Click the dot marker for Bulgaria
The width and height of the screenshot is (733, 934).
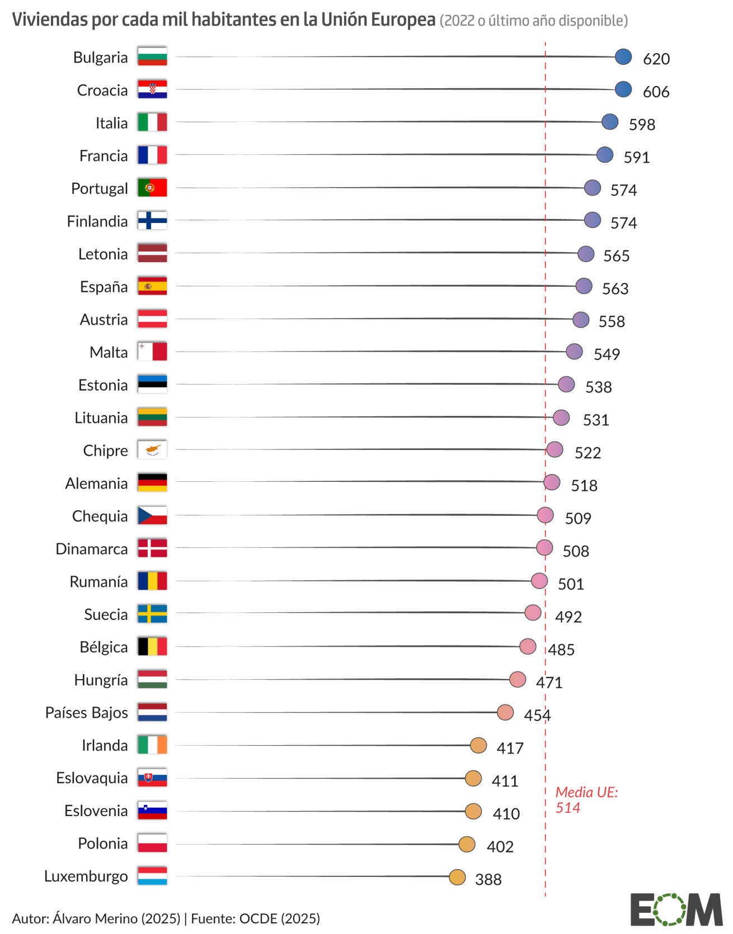(x=623, y=57)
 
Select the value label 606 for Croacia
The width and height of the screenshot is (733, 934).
(x=656, y=92)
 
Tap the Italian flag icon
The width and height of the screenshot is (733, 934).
(x=152, y=122)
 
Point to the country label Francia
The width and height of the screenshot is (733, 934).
(x=104, y=156)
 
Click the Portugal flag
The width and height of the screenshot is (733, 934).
(x=152, y=188)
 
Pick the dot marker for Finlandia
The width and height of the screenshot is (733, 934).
(x=592, y=220)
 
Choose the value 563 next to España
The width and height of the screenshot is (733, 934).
(x=615, y=288)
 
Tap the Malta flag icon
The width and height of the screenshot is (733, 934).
(x=152, y=352)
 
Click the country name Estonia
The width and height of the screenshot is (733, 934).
(x=103, y=385)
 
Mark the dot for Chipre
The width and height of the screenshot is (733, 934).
(x=554, y=449)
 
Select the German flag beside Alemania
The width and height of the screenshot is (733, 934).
(x=152, y=482)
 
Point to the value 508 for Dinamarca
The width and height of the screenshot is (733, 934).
(x=576, y=551)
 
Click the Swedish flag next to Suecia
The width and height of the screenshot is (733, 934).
(x=152, y=614)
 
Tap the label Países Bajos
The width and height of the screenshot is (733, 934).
(x=87, y=713)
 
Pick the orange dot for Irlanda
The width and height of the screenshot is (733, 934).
(x=478, y=745)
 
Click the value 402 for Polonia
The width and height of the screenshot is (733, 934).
(x=500, y=846)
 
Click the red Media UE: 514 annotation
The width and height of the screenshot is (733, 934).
(x=586, y=800)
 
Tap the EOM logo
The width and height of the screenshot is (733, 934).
(x=676, y=909)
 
